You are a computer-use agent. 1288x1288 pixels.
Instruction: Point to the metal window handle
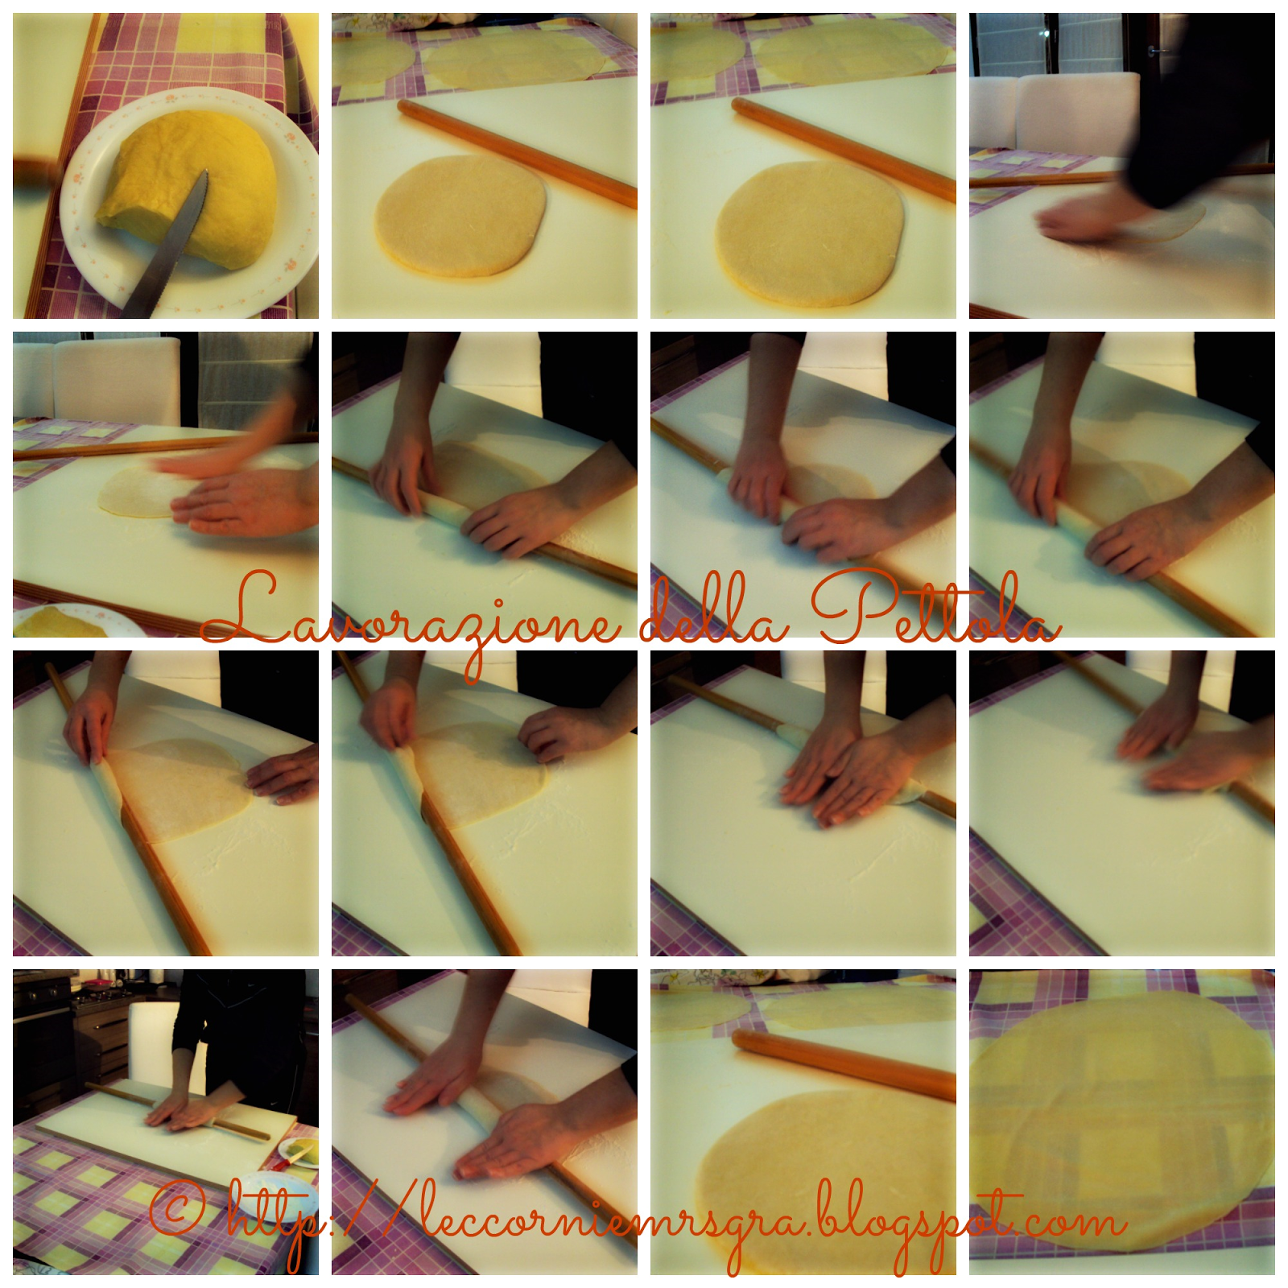point(1159,50)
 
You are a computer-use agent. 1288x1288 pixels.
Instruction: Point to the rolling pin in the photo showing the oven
point(177,1111)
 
